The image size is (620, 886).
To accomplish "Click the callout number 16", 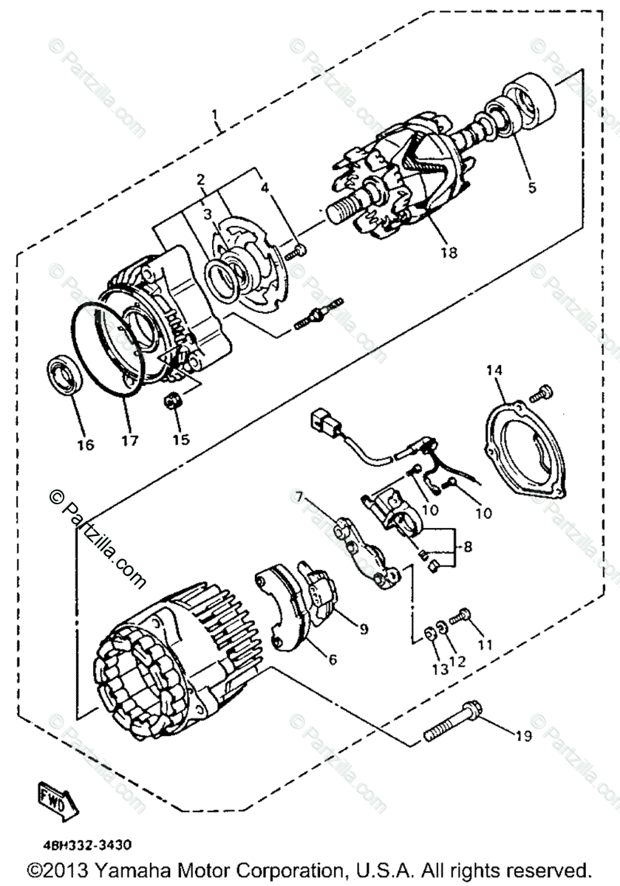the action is click(86, 444).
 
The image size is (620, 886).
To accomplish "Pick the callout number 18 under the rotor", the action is click(448, 252).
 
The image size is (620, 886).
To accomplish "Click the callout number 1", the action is click(215, 115).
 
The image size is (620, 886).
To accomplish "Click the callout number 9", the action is click(363, 629).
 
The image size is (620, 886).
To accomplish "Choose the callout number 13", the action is click(440, 670).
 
